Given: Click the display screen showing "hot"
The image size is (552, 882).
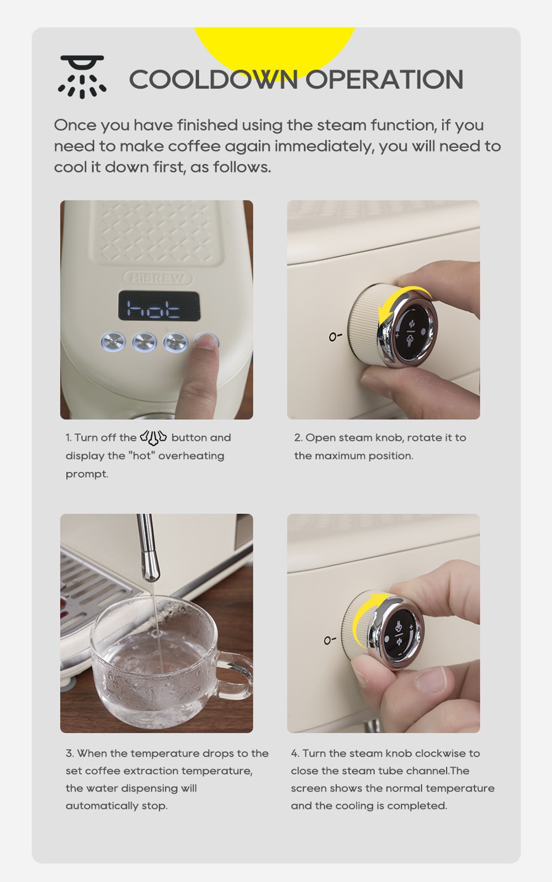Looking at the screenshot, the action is (x=159, y=305).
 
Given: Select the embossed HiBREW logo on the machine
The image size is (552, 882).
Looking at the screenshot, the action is (x=158, y=278).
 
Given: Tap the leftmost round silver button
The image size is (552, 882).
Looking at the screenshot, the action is (x=113, y=341).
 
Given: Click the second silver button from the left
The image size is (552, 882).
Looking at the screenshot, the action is (x=145, y=341).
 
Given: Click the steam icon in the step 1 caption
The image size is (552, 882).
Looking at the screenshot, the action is (x=153, y=436).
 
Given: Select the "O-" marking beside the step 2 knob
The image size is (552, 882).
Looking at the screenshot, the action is (x=336, y=336).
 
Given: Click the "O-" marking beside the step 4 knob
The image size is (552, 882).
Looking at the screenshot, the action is (x=330, y=640).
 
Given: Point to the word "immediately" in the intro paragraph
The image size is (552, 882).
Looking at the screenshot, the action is (x=325, y=146).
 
